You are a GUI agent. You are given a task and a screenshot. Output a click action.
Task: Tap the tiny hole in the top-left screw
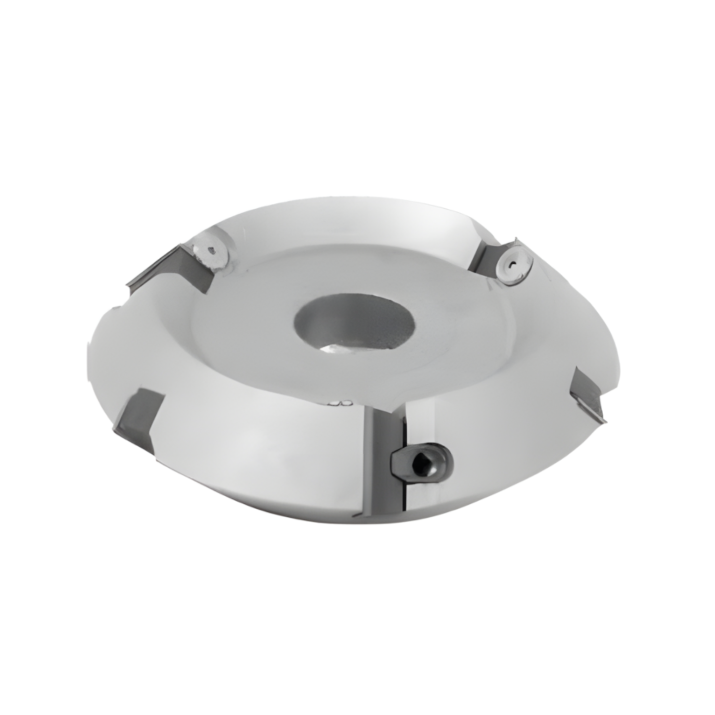click(x=212, y=251)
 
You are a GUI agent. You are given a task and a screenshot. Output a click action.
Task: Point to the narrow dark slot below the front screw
click(x=405, y=495)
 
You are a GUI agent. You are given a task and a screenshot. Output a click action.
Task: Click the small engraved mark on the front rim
click(x=341, y=403)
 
